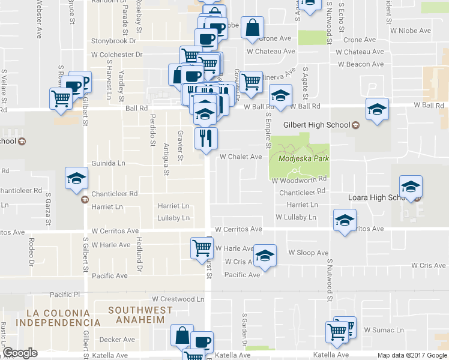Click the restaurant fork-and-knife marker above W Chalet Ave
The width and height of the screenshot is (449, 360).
(205, 139)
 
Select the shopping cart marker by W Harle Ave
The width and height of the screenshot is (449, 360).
(202, 247)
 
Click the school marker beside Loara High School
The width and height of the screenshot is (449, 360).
(411, 187)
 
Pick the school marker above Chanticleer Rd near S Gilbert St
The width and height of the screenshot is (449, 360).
(77, 178)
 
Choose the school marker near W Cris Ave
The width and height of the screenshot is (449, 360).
(265, 256)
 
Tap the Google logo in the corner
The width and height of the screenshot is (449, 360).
(20, 353)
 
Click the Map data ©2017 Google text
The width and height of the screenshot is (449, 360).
(412, 355)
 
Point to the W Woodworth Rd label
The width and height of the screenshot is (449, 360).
(298, 179)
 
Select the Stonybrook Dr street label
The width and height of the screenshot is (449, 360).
(114, 41)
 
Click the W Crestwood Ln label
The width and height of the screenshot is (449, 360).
(178, 299)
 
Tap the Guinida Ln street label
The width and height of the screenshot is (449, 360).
(108, 163)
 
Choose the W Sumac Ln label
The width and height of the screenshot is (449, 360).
(383, 330)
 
